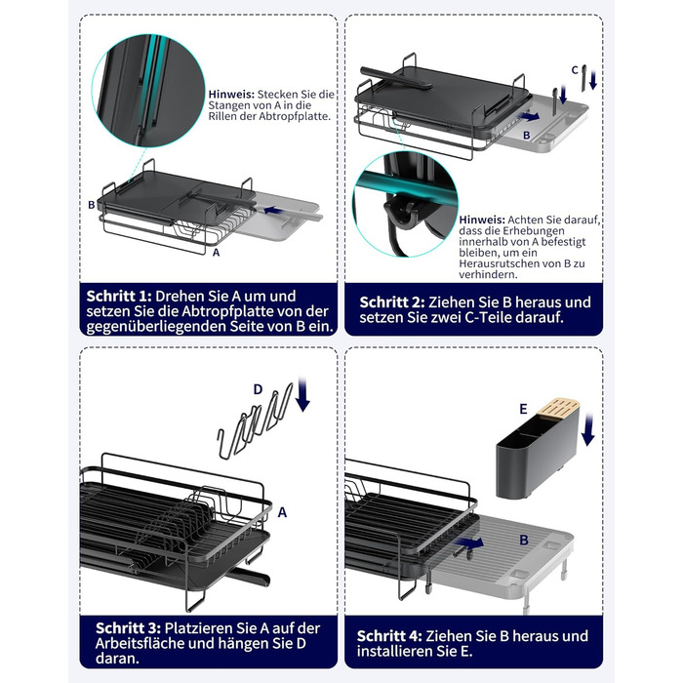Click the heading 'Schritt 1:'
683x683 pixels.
[119, 297]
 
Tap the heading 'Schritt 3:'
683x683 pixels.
[129, 628]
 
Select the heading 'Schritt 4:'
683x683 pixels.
[389, 636]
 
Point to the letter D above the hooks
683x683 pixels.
[258, 389]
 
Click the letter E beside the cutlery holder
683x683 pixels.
[523, 409]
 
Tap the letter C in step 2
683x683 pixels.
[575, 69]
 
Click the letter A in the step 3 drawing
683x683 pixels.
[282, 512]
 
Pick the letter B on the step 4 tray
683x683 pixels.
[524, 541]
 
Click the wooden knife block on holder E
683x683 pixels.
[559, 406]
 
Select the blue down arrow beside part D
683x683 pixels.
[302, 394]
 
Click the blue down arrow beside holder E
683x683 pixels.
[588, 430]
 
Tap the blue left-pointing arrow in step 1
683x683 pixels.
[272, 211]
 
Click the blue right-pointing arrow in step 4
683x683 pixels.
[469, 542]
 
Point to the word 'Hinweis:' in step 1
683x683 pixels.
[231, 94]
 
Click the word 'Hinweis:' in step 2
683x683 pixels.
[482, 220]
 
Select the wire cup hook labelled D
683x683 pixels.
[255, 421]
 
